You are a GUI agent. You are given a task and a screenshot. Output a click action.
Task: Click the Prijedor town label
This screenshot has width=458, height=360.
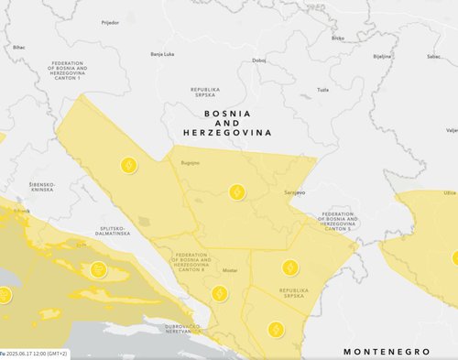110,21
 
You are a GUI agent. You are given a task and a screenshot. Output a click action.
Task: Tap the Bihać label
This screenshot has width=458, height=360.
19,46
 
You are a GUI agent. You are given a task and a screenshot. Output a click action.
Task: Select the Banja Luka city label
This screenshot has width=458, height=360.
162,54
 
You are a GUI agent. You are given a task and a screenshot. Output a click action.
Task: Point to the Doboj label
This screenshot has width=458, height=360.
259,60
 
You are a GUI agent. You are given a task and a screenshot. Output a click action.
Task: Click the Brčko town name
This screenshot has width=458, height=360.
338,38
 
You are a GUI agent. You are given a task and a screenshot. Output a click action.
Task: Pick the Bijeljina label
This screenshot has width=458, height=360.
382,55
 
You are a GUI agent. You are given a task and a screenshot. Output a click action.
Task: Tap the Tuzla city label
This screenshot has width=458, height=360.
322,90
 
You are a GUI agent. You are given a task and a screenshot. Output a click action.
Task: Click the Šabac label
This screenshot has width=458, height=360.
433,55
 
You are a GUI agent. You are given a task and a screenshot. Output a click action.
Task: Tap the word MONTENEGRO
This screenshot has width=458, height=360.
386,351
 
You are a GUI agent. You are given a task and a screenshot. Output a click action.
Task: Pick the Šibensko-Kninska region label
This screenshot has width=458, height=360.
42,187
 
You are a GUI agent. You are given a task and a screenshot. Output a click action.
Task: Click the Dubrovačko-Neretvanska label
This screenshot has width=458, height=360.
165,329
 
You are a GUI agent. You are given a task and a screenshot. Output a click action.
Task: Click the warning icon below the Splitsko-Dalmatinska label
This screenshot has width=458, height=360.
99,269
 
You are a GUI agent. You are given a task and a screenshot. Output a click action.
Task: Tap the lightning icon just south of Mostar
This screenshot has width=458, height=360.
219,293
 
